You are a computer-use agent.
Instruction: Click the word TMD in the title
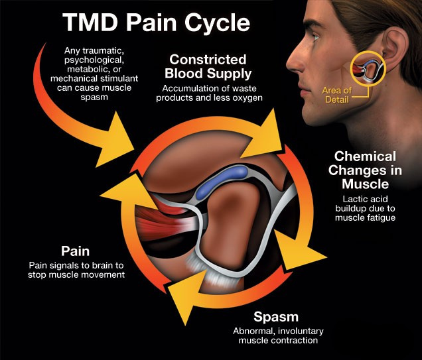coord(90,22)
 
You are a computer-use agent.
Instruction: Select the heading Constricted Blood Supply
coord(208,66)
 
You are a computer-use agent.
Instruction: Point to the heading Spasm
coord(276,318)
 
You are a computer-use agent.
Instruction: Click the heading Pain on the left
coord(76,251)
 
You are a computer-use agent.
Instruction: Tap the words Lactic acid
coord(365,199)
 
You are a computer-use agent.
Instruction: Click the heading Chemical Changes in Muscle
coord(365,170)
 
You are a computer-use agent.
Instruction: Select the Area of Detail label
coord(336,95)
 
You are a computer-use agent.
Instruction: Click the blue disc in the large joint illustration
coord(222,182)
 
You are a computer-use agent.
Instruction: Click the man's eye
coord(315,37)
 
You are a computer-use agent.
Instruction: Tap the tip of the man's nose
coord(287,64)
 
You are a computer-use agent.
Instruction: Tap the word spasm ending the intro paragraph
coord(94,97)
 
